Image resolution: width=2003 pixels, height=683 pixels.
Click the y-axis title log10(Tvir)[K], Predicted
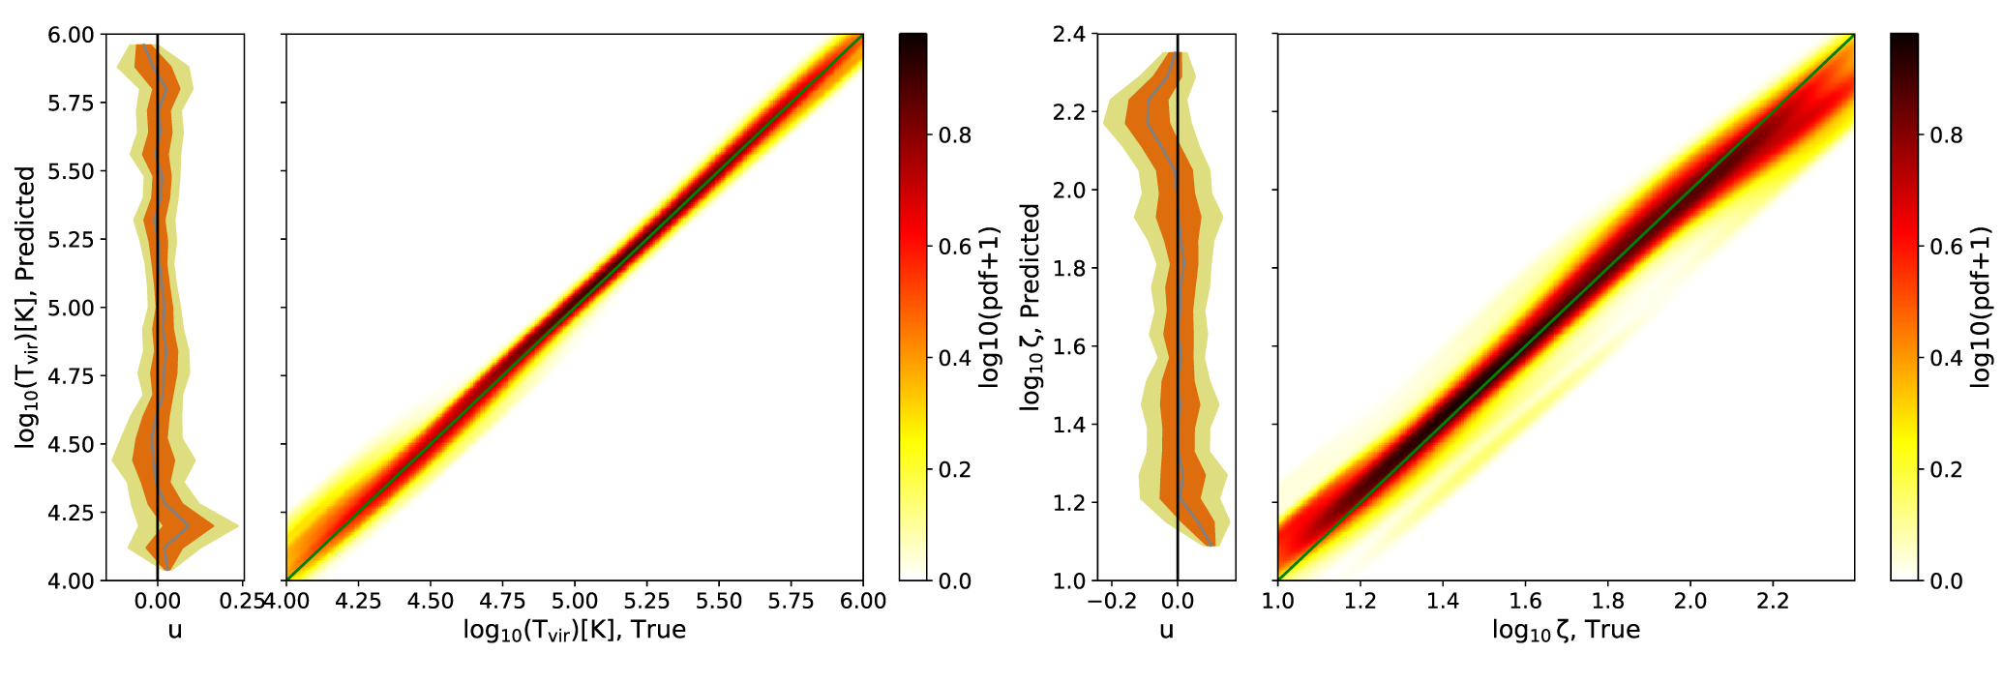pyautogui.click(x=26, y=308)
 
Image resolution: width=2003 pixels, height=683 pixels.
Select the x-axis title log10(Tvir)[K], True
pyautogui.click(x=575, y=631)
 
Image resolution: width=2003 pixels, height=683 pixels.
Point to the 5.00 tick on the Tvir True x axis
pyautogui.click(x=575, y=601)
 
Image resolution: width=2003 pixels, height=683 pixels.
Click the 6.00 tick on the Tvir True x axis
pyautogui.click(x=863, y=601)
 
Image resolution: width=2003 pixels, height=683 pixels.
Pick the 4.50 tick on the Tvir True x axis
pyautogui.click(x=431, y=601)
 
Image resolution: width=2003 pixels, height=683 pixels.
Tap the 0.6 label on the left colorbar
pyautogui.click(x=954, y=247)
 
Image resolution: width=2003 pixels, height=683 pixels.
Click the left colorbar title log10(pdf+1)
pyautogui.click(x=989, y=308)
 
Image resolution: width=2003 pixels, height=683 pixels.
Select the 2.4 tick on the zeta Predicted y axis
pyautogui.click(x=1070, y=35)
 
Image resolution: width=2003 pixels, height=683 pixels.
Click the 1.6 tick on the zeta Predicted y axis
pyautogui.click(x=1070, y=346)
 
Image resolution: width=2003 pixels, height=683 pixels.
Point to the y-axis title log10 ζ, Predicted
pyautogui.click(x=1031, y=308)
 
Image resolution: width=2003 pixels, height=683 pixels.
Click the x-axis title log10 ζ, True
pyautogui.click(x=1566, y=631)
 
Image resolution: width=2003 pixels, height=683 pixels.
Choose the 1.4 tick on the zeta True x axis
pyautogui.click(x=1442, y=601)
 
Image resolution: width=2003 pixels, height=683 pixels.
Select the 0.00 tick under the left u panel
pyautogui.click(x=158, y=601)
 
